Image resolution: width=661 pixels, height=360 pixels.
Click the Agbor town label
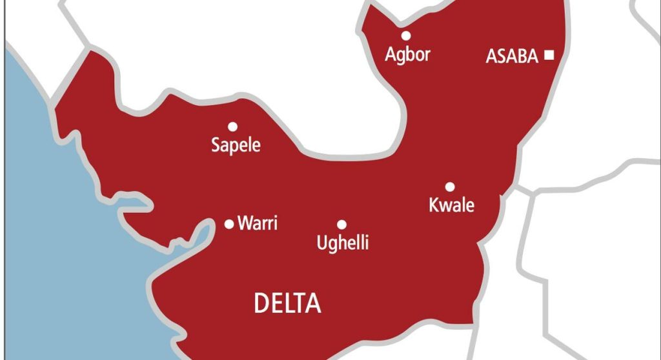(407, 54)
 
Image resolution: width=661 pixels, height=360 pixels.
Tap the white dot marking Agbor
(406, 35)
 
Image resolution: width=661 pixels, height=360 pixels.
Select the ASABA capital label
(511, 57)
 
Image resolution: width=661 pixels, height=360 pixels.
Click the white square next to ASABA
(549, 55)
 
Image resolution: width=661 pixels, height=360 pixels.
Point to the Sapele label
(236, 146)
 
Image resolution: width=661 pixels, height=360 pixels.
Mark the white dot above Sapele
(232, 126)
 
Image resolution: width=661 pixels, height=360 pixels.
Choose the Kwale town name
(451, 205)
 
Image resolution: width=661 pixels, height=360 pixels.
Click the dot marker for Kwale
(450, 187)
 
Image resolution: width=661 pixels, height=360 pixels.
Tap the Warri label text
(258, 224)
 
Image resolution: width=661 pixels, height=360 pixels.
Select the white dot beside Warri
(229, 225)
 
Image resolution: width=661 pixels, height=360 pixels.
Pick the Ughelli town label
(342, 243)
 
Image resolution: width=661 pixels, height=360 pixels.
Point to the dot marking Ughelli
(341, 225)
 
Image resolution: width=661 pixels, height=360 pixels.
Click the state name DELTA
(287, 303)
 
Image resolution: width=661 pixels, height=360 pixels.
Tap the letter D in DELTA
(261, 303)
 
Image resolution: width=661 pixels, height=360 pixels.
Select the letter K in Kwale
(434, 205)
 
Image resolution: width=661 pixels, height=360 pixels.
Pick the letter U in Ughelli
(321, 243)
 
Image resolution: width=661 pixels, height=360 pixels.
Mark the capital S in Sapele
(216, 145)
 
